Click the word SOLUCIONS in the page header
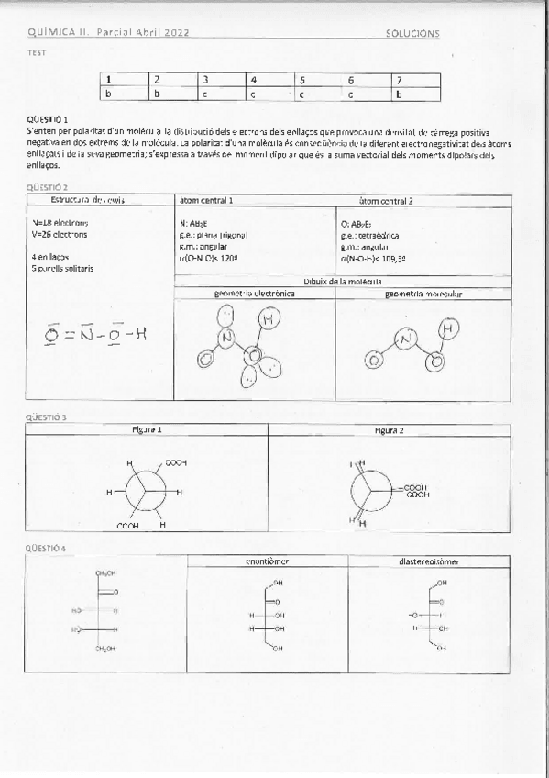click(413, 33)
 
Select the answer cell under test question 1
click(124, 94)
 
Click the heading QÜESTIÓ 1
click(49, 119)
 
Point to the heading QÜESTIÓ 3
click(48, 417)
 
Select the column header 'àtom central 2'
click(386, 200)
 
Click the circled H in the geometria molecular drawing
click(446, 328)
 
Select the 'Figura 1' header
click(147, 429)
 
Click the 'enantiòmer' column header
click(267, 561)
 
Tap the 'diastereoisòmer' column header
click(429, 561)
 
